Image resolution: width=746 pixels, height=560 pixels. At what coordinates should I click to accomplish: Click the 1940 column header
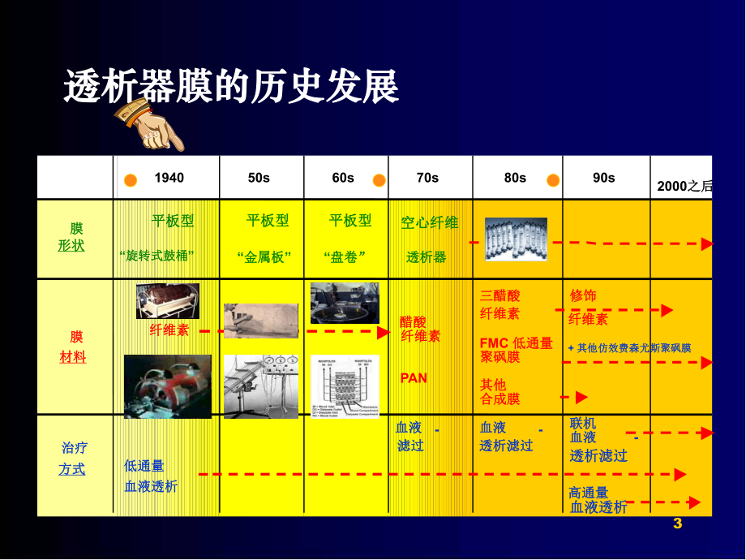pyautogui.click(x=169, y=178)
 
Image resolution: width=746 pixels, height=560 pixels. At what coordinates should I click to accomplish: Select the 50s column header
pyautogui.click(x=259, y=178)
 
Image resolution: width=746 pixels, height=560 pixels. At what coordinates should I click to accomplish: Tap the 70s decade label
pyautogui.click(x=427, y=178)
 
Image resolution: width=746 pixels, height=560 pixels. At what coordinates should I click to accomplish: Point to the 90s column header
pyautogui.click(x=603, y=178)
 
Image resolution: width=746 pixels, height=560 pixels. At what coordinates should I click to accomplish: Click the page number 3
pyautogui.click(x=678, y=524)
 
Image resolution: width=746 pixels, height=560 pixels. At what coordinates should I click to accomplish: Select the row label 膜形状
pyautogui.click(x=72, y=237)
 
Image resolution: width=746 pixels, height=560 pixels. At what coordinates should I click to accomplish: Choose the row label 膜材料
pyautogui.click(x=73, y=347)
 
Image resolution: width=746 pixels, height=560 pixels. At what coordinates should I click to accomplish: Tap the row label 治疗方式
pyautogui.click(x=73, y=459)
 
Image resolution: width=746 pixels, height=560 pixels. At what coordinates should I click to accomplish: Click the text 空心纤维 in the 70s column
pyautogui.click(x=430, y=222)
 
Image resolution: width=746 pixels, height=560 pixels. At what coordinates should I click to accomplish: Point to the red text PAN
pyautogui.click(x=414, y=377)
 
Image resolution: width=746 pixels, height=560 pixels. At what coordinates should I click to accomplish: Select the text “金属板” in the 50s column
pyautogui.click(x=264, y=256)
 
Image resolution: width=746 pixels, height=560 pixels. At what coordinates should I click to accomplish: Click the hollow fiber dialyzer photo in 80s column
pyautogui.click(x=516, y=239)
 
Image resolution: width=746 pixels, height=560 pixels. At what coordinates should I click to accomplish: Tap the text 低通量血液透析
pyautogui.click(x=150, y=476)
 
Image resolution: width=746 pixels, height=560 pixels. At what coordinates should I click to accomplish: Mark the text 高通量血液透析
pyautogui.click(x=598, y=500)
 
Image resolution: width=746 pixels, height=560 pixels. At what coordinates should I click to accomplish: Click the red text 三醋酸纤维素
pyautogui.click(x=500, y=304)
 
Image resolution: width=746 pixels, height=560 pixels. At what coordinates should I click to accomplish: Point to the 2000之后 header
pyautogui.click(x=684, y=186)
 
